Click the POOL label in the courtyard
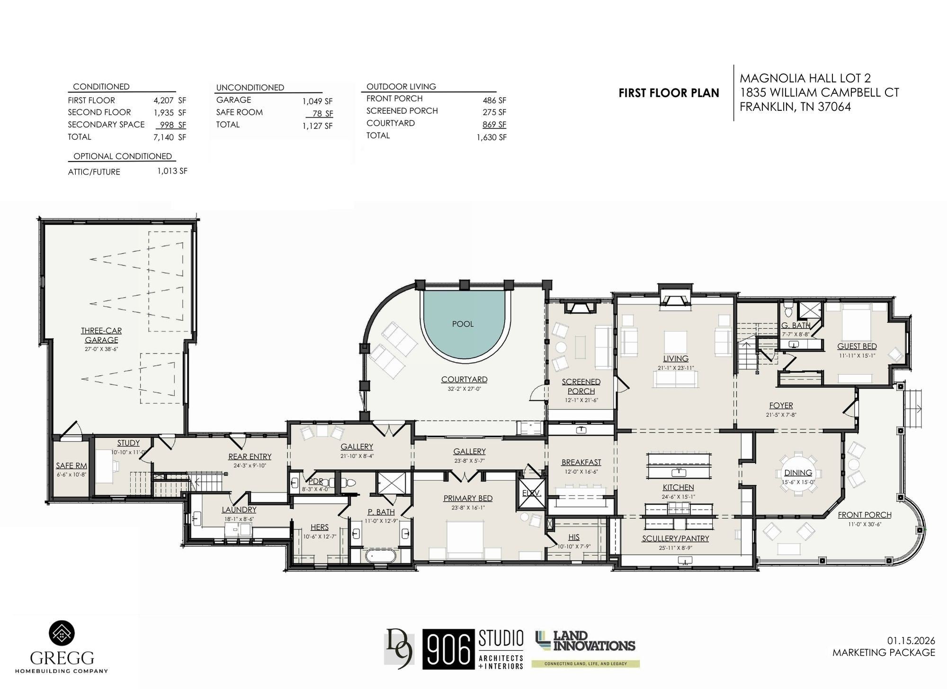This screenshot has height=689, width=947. [x=463, y=324]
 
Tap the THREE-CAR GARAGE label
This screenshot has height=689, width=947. [x=101, y=335]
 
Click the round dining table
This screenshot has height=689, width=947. [x=798, y=473]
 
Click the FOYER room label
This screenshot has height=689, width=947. [x=781, y=406]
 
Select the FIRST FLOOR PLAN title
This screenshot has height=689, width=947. [x=669, y=93]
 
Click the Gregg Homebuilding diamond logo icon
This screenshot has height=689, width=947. [x=62, y=633]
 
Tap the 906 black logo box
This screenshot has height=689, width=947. [x=448, y=649]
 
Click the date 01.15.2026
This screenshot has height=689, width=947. [x=911, y=641]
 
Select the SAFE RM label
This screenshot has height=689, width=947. [x=71, y=466]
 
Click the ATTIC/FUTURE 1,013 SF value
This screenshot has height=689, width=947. [x=172, y=171]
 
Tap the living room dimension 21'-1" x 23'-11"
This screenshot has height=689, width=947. [x=676, y=368]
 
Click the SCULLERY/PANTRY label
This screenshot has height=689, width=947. [x=676, y=538]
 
